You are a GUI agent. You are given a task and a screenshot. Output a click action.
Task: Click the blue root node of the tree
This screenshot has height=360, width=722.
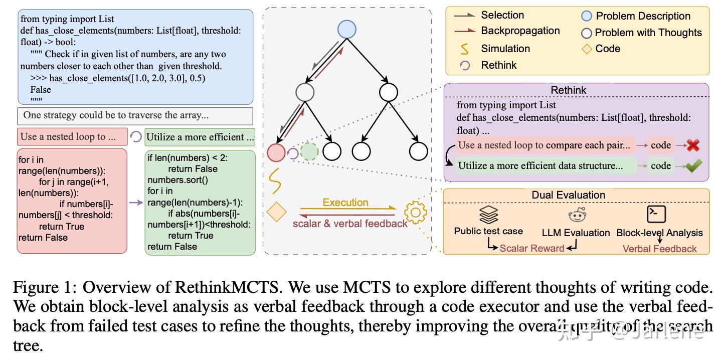tap(346, 30)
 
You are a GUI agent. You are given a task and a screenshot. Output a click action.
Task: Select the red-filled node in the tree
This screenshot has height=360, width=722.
tap(276, 152)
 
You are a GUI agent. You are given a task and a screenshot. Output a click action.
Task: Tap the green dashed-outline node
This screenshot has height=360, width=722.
tap(309, 151)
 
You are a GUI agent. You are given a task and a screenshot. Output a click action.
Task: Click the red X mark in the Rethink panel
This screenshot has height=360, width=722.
tap(693, 145)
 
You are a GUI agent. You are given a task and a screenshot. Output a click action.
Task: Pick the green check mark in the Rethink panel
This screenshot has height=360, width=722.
tap(693, 166)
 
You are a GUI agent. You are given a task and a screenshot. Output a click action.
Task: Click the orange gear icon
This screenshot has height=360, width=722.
tap(415, 213)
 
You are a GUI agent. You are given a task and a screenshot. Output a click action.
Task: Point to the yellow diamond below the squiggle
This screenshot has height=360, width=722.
tap(276, 212)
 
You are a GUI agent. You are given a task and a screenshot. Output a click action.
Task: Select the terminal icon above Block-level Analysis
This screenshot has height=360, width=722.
tap(656, 214)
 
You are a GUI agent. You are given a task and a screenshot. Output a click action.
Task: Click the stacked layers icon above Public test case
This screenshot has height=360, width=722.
tap(488, 215)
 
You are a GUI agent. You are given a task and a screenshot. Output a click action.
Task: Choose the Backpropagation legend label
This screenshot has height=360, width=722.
tap(520, 31)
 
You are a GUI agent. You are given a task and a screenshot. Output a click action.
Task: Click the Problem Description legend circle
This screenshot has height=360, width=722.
tap(586, 16)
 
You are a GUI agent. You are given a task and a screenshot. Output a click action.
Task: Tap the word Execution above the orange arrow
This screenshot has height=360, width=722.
tap(345, 203)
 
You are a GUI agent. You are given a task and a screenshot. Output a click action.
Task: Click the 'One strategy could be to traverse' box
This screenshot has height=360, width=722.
tap(134, 115)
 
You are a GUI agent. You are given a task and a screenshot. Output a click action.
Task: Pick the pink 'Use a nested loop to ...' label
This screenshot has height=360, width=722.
tap(72, 136)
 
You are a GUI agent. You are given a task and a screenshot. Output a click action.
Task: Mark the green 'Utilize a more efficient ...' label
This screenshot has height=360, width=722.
tap(200, 137)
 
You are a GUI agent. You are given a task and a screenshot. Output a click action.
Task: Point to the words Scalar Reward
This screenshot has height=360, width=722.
tap(531, 248)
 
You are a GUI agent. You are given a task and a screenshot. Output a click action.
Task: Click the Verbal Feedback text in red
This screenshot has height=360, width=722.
tap(659, 249)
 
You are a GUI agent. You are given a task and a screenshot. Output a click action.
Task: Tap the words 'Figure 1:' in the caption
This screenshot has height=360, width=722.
tap(45, 287)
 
